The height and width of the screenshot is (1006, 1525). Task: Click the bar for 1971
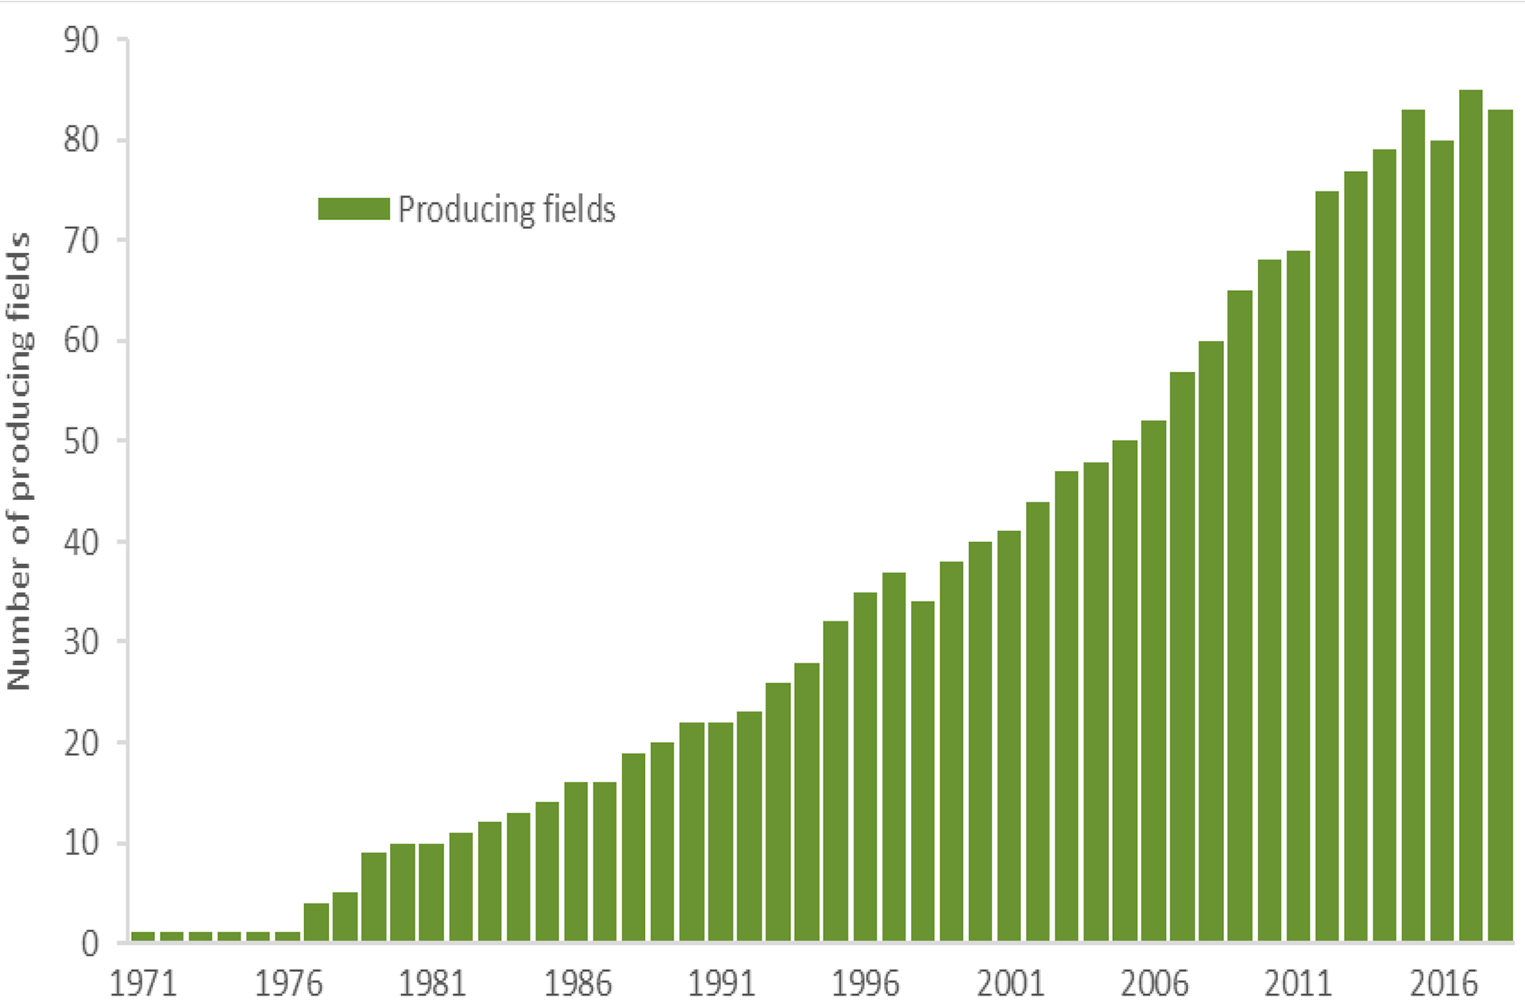143,936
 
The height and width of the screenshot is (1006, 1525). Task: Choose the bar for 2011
1298,596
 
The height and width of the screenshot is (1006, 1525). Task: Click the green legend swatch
354,209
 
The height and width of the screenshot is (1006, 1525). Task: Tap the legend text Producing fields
507,210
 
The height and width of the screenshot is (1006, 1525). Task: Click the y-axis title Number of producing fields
19,461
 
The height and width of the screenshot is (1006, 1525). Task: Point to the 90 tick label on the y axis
82,40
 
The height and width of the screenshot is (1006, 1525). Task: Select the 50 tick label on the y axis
82,441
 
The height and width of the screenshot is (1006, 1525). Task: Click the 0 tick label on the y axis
91,943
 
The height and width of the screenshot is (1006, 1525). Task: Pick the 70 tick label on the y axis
82,240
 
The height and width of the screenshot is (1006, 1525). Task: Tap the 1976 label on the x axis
288,984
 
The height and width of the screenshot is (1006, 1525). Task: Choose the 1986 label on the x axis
577,984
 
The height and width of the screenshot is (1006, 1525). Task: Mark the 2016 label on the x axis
1443,984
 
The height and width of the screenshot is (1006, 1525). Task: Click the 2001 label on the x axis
1010,984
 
